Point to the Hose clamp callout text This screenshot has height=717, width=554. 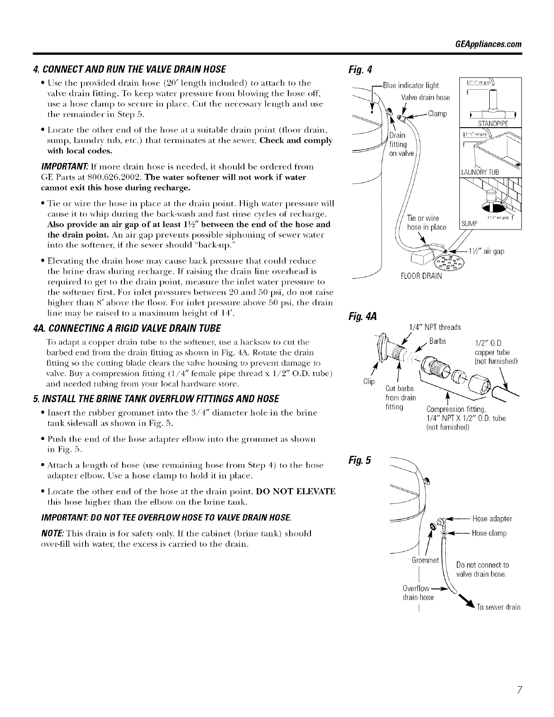tap(489, 533)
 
